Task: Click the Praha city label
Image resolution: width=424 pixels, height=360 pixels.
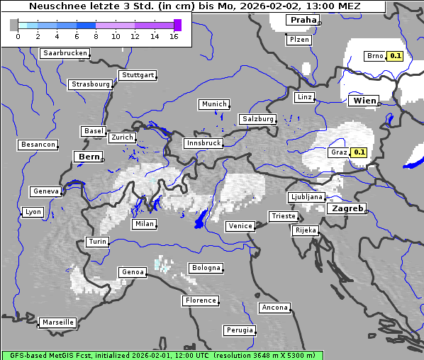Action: point(303,20)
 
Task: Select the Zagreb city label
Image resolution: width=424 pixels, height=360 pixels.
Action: point(347,209)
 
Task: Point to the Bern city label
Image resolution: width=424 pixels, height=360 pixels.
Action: point(89,157)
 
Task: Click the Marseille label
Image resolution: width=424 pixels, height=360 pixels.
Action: point(57,322)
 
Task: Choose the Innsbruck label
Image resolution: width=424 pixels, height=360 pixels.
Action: point(203,143)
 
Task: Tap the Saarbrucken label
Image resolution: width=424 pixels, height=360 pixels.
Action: point(65,53)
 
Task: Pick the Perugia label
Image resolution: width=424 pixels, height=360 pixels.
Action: point(239,330)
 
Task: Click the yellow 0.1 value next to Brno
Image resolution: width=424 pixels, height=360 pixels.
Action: point(395,56)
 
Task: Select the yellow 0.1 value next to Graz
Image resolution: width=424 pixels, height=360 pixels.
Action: point(359,152)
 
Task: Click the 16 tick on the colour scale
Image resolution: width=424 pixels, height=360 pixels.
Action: point(174,36)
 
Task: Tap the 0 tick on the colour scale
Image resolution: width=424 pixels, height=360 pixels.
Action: point(18,36)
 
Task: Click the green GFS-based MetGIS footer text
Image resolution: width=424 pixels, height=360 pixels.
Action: point(162,355)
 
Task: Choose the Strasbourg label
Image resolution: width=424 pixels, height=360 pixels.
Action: point(91,84)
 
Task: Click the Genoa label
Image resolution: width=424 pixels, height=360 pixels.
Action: point(133,272)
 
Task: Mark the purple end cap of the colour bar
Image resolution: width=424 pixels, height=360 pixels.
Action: point(177,25)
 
